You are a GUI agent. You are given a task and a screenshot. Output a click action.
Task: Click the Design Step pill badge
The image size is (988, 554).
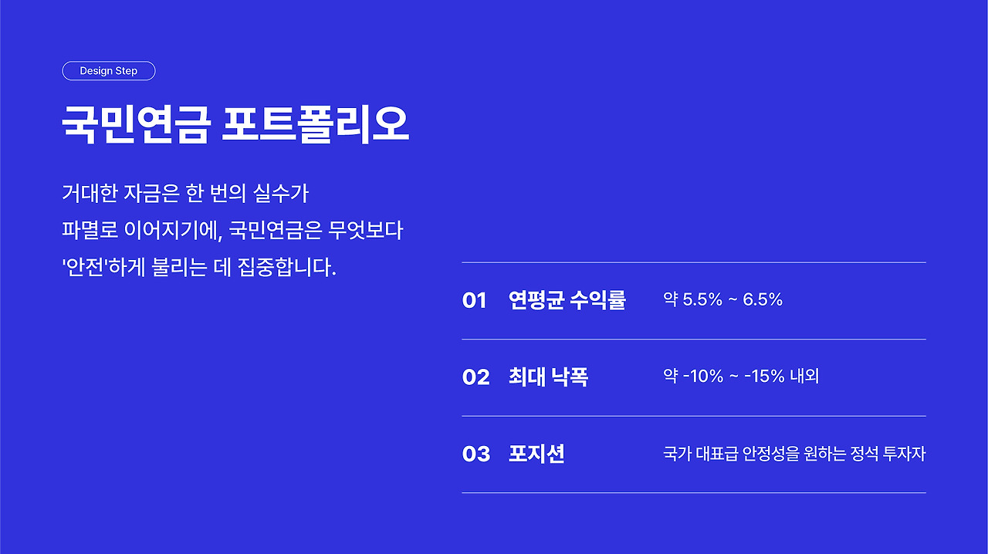click(109, 71)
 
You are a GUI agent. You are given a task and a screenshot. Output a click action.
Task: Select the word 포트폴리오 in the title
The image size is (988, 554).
click(316, 125)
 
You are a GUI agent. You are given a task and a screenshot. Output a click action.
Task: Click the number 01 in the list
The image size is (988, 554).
click(474, 300)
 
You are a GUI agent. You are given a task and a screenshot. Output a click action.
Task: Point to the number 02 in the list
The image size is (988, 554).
click(476, 377)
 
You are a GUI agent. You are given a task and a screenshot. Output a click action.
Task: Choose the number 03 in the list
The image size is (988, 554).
click(476, 454)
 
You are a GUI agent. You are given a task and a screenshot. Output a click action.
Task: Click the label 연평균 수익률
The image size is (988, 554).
click(567, 300)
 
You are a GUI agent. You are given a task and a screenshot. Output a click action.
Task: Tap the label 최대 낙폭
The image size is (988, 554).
click(548, 377)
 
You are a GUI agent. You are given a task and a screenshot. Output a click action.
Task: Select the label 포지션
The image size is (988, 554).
click(536, 454)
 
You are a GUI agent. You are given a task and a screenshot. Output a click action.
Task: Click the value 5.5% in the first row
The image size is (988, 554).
click(702, 299)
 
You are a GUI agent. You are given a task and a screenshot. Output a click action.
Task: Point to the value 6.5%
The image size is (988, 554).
click(763, 299)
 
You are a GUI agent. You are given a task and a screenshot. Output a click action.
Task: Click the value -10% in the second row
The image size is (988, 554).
click(703, 377)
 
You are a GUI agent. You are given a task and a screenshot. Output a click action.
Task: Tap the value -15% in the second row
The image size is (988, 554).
click(764, 377)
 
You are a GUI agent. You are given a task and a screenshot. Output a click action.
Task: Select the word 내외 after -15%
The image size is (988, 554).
click(804, 377)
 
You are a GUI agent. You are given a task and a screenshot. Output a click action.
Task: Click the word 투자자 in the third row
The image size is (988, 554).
click(904, 454)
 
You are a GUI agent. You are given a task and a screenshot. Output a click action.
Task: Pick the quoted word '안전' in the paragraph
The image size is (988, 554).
click(85, 267)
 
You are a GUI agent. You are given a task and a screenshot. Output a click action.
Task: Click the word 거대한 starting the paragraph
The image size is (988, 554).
click(90, 193)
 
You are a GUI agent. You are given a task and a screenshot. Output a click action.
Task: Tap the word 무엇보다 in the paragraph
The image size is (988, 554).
click(366, 230)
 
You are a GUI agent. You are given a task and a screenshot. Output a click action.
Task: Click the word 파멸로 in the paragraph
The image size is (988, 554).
click(90, 230)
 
